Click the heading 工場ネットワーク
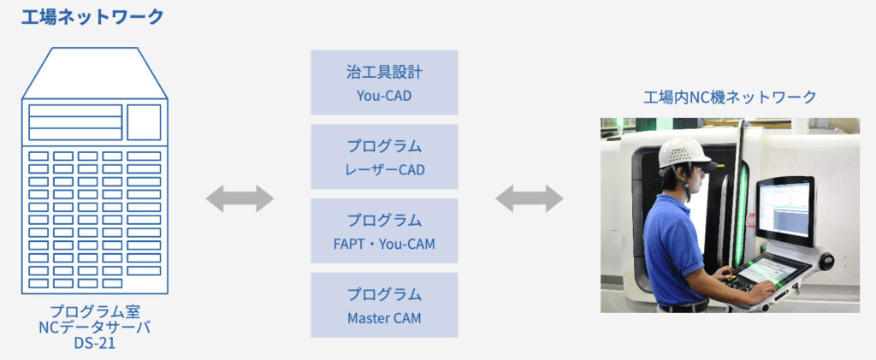coord(92,16)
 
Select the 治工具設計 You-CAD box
coord(384,82)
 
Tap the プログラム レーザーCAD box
coord(384,156)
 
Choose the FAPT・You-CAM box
coord(384,231)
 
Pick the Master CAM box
coord(384,305)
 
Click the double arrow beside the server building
coord(240,198)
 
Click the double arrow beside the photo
coord(530,198)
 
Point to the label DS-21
coord(94,343)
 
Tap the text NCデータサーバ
coord(94,327)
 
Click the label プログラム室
coord(94,310)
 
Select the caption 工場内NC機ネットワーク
coord(730,97)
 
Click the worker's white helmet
coord(684,153)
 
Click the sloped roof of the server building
coord(94,74)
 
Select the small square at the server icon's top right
coord(144,122)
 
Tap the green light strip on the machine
coord(741,214)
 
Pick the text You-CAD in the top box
coord(384,95)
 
